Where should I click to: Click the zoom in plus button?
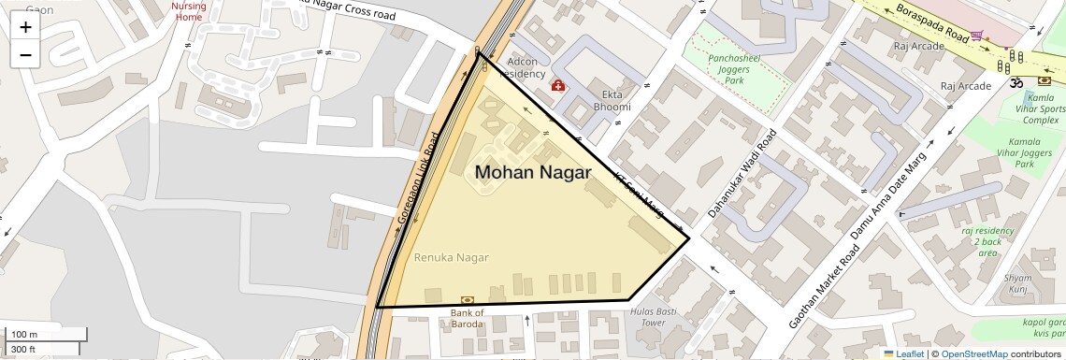[25, 27]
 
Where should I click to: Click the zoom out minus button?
[25, 54]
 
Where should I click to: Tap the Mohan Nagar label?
[533, 173]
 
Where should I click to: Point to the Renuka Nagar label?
[451, 256]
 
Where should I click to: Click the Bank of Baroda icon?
[468, 299]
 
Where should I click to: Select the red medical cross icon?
[558, 86]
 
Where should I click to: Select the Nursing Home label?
[188, 11]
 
